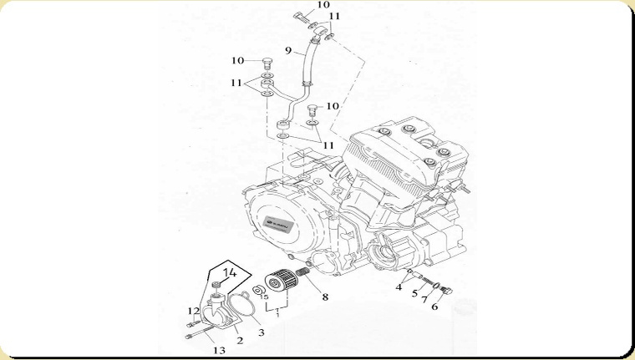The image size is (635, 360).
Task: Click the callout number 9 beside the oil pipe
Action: click(x=287, y=51)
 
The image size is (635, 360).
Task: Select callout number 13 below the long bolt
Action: click(x=219, y=351)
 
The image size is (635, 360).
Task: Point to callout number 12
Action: click(x=193, y=311)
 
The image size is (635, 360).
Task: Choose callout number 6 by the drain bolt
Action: click(x=434, y=307)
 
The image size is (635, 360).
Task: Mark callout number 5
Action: click(x=414, y=293)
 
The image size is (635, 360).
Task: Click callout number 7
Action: click(x=424, y=300)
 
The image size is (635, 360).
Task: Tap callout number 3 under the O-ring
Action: click(x=261, y=332)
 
